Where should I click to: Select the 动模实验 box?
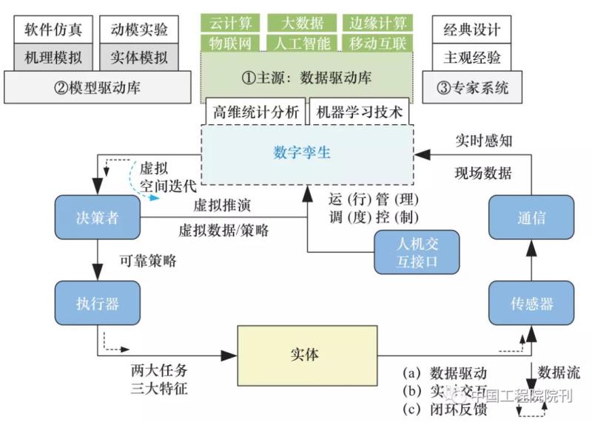click(x=139, y=30)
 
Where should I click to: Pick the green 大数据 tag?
click(x=301, y=23)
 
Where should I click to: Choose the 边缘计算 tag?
click(x=378, y=23)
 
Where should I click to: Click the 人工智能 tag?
click(x=301, y=43)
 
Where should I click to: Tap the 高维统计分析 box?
click(x=255, y=112)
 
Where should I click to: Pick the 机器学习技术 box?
click(x=359, y=112)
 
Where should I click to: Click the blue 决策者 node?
click(x=98, y=217)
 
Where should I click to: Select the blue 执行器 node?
click(x=98, y=303)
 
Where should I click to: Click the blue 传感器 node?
click(x=531, y=303)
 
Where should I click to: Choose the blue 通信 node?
click(x=531, y=217)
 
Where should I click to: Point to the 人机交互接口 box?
click(x=417, y=253)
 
